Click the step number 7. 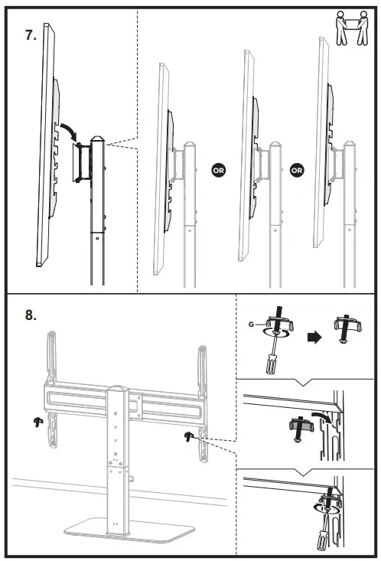pyautogui.click(x=31, y=35)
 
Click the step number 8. pyautogui.click(x=31, y=315)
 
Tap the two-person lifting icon pyautogui.click(x=352, y=28)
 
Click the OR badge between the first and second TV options pyautogui.click(x=218, y=171)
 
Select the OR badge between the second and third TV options pyautogui.click(x=297, y=171)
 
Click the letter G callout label pyautogui.click(x=251, y=325)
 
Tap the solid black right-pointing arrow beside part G pyautogui.click(x=314, y=337)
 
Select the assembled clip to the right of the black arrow pyautogui.click(x=347, y=328)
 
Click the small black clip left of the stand pyautogui.click(x=38, y=422)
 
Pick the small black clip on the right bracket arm pyautogui.click(x=188, y=436)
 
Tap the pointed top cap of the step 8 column pyautogui.click(x=118, y=390)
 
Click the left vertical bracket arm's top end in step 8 pyautogui.click(x=52, y=334)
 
